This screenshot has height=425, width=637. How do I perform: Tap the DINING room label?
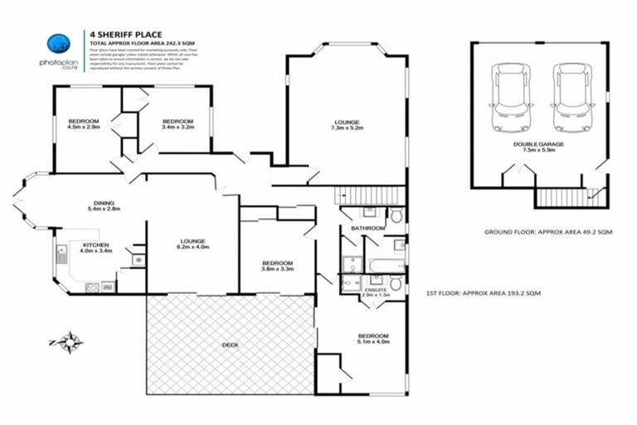tap(104, 206)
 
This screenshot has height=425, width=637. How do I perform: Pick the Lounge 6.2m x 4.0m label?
tap(192, 243)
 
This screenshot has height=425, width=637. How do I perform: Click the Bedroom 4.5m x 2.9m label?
tap(83, 125)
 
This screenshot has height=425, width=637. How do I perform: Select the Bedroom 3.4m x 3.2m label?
tap(177, 125)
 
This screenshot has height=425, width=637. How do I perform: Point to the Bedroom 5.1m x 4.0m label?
tap(372, 339)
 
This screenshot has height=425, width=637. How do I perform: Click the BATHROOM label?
tap(367, 228)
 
